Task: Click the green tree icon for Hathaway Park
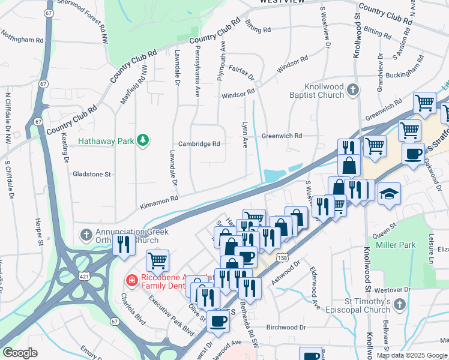pyautogui.click(x=142, y=140)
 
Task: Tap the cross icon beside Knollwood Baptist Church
pyautogui.click(x=352, y=91)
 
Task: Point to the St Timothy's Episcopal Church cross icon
pyautogui.click(x=398, y=306)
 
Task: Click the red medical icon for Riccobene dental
pyautogui.click(x=130, y=280)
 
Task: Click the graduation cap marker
pyautogui.click(x=388, y=193)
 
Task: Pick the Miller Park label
pyautogui.click(x=396, y=245)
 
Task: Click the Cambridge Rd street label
pyautogui.click(x=199, y=144)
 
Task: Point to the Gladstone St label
pyautogui.click(x=92, y=174)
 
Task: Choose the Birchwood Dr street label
pyautogui.click(x=286, y=328)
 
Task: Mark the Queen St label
pyautogui.click(x=385, y=226)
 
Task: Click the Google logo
pyautogui.click(x=20, y=353)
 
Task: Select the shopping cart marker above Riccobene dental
pyautogui.click(x=157, y=260)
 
